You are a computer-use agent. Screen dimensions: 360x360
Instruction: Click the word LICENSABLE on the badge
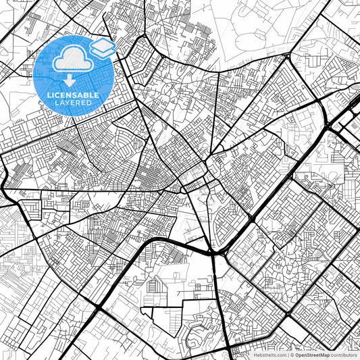(x=72, y=95)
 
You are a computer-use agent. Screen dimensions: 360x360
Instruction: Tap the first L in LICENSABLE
(x=48, y=95)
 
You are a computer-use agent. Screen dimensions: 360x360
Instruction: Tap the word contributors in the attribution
(x=344, y=354)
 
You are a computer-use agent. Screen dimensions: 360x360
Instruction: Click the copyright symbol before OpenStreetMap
(x=292, y=354)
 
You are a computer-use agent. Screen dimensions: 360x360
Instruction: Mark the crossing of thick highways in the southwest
(x=99, y=307)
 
